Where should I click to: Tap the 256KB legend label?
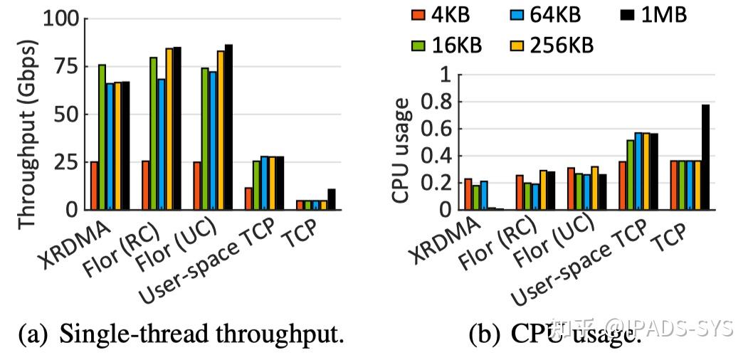coord(561,45)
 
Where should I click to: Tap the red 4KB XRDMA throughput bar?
coord(94,185)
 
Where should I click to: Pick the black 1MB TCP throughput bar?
coord(331,198)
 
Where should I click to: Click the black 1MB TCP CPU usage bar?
coord(705,157)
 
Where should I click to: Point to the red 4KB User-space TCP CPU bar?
coord(623,185)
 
